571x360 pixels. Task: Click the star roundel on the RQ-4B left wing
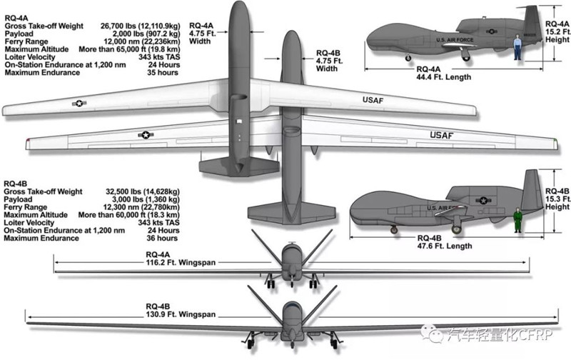(146, 134)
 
